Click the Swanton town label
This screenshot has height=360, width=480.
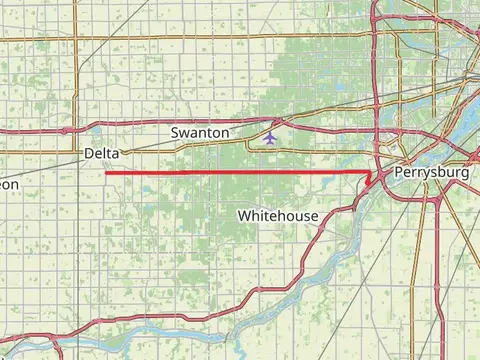(x=200, y=132)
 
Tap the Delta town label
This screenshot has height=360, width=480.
(x=102, y=152)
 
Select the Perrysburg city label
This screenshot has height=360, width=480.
(x=432, y=173)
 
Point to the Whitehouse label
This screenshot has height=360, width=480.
(x=278, y=216)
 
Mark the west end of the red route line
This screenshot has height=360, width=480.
(x=105, y=172)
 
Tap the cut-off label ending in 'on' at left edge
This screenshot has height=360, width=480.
(x=8, y=185)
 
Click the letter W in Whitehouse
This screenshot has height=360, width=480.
(x=244, y=216)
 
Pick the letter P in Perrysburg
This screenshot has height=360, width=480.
(x=401, y=173)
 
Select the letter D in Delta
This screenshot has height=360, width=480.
(x=90, y=152)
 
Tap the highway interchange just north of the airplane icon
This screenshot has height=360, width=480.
(x=277, y=122)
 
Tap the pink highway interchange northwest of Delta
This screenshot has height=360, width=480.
(x=65, y=130)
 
